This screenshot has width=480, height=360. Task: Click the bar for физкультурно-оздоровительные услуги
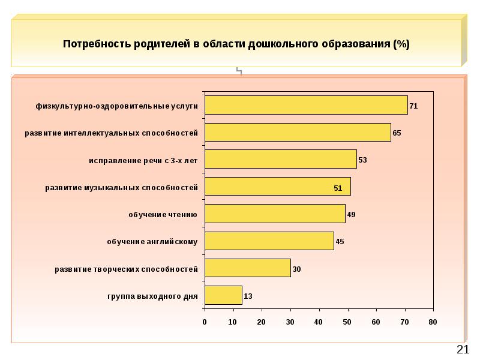click(306, 105)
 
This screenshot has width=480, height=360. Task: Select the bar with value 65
click(298, 132)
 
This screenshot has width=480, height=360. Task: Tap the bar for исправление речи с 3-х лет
click(280, 160)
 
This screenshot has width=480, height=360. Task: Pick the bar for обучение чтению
click(275, 214)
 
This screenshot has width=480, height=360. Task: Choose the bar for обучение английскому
click(269, 241)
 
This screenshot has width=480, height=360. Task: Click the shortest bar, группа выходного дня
click(223, 295)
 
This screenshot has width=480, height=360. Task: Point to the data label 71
click(413, 106)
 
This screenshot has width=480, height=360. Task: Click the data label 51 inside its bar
click(338, 188)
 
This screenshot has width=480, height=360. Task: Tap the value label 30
click(296, 269)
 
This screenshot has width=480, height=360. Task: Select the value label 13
click(248, 296)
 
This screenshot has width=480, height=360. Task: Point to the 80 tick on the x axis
click(433, 322)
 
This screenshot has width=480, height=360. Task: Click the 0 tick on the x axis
click(205, 322)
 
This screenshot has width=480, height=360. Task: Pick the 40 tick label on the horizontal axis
click(319, 322)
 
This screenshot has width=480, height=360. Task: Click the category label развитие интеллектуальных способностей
click(111, 133)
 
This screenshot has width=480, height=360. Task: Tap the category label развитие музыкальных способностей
click(122, 187)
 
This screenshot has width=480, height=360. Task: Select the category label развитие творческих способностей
click(126, 269)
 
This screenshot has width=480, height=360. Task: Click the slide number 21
click(463, 350)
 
